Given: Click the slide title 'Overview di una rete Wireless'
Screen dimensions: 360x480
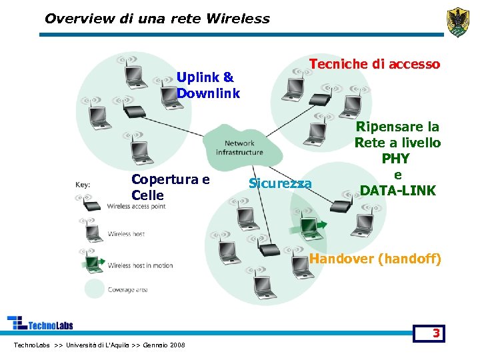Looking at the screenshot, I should pyautogui.click(x=157, y=19).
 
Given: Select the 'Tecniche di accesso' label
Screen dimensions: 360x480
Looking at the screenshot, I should pyautogui.click(x=375, y=64).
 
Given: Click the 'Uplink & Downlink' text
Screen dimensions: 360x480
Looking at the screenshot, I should pyautogui.click(x=208, y=85).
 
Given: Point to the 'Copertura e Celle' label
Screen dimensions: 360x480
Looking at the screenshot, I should pyautogui.click(x=171, y=187).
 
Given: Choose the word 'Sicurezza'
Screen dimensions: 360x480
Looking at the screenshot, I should pyautogui.click(x=280, y=183).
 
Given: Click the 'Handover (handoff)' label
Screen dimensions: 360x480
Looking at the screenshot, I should pyautogui.click(x=375, y=259).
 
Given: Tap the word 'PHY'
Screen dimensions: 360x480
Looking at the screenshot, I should pyautogui.click(x=397, y=159).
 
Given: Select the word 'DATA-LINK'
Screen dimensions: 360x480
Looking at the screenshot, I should pyautogui.click(x=398, y=191).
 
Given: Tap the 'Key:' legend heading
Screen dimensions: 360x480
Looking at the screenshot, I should pyautogui.click(x=83, y=185).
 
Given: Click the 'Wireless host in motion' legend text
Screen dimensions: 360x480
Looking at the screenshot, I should pyautogui.click(x=140, y=265).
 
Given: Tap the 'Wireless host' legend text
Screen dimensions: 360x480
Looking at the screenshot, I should pyautogui.click(x=126, y=234).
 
